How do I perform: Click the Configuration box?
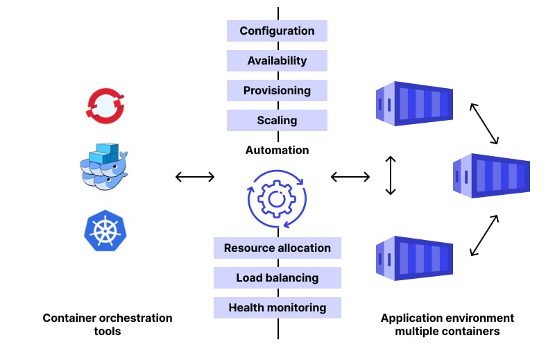(277, 31)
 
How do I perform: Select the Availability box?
(277, 61)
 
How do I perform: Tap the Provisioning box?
(277, 91)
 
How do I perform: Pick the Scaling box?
(277, 121)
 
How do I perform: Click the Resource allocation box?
(277, 248)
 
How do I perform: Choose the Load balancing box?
(277, 278)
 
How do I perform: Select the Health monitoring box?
(277, 308)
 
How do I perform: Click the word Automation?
(277, 150)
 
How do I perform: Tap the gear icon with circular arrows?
(277, 199)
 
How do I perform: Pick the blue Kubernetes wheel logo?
(105, 231)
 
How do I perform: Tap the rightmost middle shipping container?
(491, 175)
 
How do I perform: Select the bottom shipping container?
(413, 258)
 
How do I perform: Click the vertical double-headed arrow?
(391, 175)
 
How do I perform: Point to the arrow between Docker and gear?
(195, 177)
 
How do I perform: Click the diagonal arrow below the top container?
(484, 123)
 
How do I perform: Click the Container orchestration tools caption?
(108, 325)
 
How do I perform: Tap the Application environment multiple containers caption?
(447, 325)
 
